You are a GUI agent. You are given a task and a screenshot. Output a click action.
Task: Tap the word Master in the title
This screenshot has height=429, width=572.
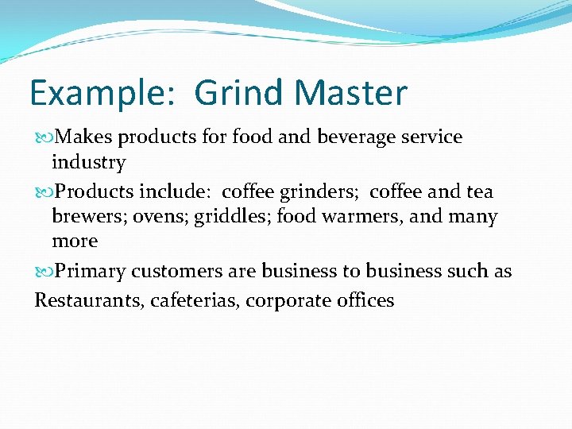(350, 94)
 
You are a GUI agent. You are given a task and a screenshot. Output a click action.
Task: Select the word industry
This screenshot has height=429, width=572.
(88, 162)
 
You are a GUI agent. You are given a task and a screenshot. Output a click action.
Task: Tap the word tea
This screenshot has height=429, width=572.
(479, 191)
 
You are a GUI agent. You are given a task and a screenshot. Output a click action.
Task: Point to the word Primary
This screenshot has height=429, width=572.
(89, 271)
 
